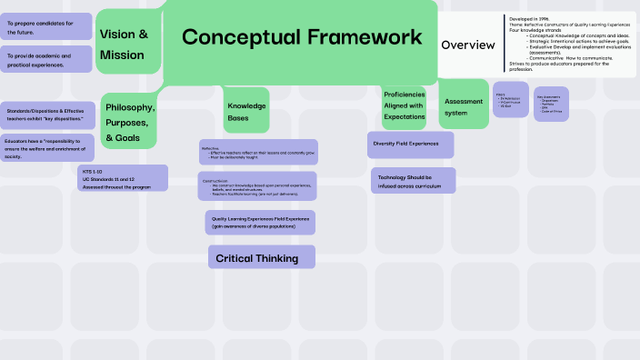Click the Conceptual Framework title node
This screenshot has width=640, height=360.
coord(302,37)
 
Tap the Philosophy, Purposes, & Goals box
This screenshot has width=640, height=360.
coord(129,121)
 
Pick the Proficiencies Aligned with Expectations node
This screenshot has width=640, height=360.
coord(405,105)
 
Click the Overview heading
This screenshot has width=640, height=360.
coord(467,45)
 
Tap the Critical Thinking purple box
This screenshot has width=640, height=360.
coord(261,257)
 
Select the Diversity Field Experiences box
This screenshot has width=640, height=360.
coord(411,144)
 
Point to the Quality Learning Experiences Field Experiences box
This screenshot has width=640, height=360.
coord(261,223)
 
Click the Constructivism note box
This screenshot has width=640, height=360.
coord(258,186)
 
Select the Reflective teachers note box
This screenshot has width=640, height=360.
coord(258,152)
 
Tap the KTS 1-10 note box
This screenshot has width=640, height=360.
coord(122,177)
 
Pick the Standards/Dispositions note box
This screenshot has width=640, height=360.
coord(46,115)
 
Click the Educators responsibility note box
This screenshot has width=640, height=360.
coord(46,148)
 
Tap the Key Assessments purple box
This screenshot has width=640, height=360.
coord(551,103)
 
